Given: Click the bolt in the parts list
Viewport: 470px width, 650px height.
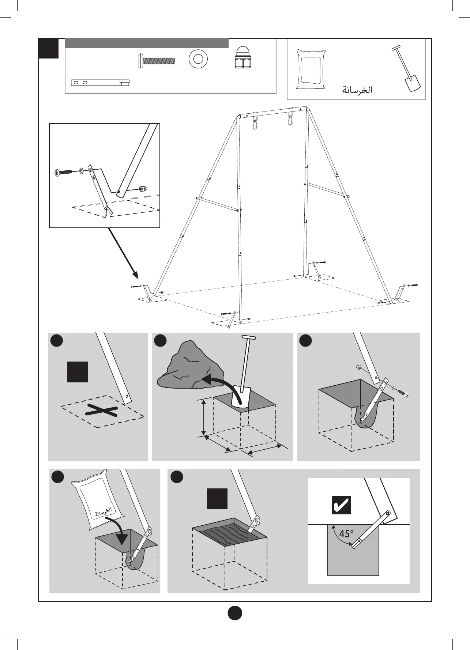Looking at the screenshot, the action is click(x=157, y=60).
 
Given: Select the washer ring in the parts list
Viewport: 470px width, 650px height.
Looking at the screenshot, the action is click(x=198, y=58).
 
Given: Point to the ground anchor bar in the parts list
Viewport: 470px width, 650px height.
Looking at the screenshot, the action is click(x=100, y=83).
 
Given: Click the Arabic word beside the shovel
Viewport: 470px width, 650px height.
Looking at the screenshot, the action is click(x=357, y=90).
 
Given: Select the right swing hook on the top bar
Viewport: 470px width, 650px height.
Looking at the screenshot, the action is click(x=291, y=119).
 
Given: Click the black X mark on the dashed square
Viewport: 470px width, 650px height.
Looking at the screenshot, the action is click(x=101, y=411).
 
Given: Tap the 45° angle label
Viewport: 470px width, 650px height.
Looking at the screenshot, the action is click(x=346, y=534).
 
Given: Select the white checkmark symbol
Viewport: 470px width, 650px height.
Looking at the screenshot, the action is click(x=341, y=506).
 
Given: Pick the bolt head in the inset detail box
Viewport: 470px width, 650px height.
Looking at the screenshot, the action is click(x=57, y=172).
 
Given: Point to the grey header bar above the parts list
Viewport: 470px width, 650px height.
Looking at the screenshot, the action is click(x=147, y=43).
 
